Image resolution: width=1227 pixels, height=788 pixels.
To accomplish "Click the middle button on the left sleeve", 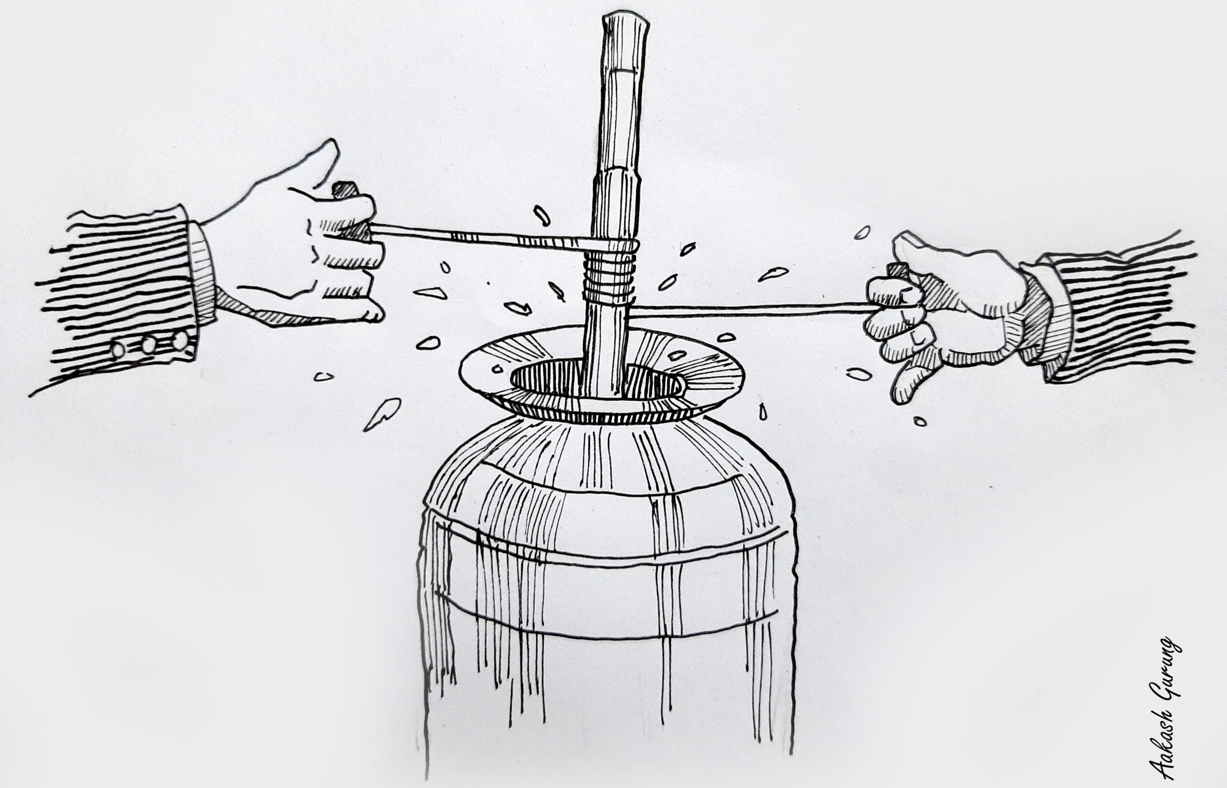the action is (149, 345).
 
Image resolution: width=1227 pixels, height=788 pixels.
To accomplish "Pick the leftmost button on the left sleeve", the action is (118, 349).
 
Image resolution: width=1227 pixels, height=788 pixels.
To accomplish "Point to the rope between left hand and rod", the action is (481, 238).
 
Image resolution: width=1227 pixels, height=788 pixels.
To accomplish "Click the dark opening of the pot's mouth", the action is (604, 381).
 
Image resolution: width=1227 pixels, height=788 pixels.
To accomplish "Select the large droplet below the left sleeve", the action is (381, 414).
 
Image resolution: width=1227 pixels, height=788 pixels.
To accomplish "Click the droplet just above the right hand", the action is (863, 232).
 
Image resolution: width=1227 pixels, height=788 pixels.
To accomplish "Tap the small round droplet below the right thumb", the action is (919, 422).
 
